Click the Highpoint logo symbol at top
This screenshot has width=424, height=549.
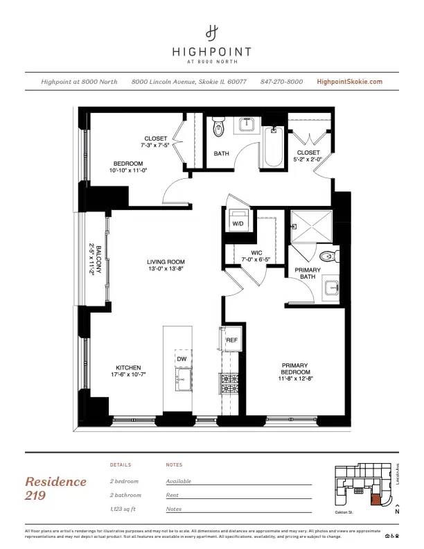click(x=212, y=32)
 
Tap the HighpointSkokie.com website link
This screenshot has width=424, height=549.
click(x=349, y=82)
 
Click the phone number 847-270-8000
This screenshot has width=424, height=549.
click(x=281, y=82)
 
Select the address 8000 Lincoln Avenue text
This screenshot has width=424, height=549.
click(x=188, y=82)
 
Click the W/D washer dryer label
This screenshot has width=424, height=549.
click(x=237, y=224)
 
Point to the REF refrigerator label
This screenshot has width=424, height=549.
click(x=232, y=340)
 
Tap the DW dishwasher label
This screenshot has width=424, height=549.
click(x=182, y=359)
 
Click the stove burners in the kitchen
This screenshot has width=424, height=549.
click(x=229, y=382)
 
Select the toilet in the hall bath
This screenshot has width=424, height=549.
click(x=220, y=127)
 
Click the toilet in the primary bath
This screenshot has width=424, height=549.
click(x=330, y=257)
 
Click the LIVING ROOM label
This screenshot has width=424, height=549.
click(x=166, y=262)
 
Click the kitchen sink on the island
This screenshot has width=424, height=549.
click(x=183, y=378)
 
